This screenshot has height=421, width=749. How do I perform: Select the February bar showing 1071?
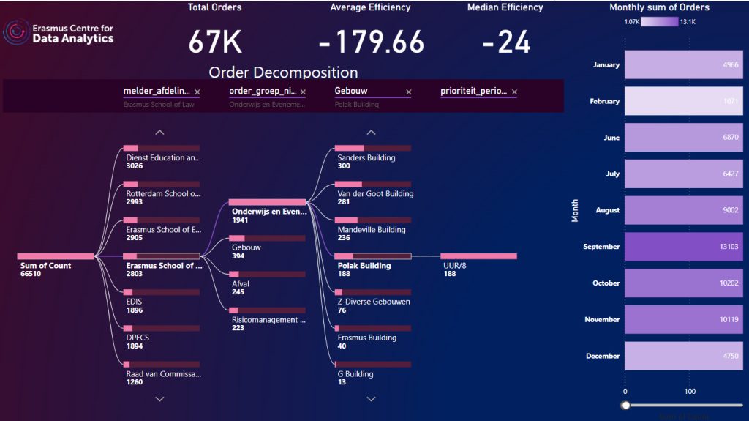[x=682, y=101]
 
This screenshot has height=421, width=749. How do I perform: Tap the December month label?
[x=603, y=356]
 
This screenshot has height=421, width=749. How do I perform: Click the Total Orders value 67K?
[x=215, y=42]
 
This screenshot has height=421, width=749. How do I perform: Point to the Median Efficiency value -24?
[x=505, y=42]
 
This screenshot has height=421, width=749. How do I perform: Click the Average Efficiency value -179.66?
[x=372, y=42]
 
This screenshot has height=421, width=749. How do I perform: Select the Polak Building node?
[x=364, y=265]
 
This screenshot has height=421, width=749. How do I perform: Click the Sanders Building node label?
[x=366, y=157]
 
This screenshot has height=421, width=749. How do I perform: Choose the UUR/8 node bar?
[x=479, y=256]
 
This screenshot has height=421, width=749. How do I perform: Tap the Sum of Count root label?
[x=46, y=265]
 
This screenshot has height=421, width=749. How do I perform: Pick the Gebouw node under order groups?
[x=246, y=247]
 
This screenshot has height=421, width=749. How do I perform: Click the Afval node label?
[x=240, y=283]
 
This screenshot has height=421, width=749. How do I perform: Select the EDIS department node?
[x=135, y=301]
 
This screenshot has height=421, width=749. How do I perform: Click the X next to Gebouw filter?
[x=408, y=92]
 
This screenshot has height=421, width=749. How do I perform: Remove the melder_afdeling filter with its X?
[x=197, y=92]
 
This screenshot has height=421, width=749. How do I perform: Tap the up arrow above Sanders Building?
[x=371, y=133]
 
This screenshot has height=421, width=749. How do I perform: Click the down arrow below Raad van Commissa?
[x=159, y=399]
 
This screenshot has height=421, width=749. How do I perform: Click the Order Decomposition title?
[x=283, y=72]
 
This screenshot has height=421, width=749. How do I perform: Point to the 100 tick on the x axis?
[x=690, y=392]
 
